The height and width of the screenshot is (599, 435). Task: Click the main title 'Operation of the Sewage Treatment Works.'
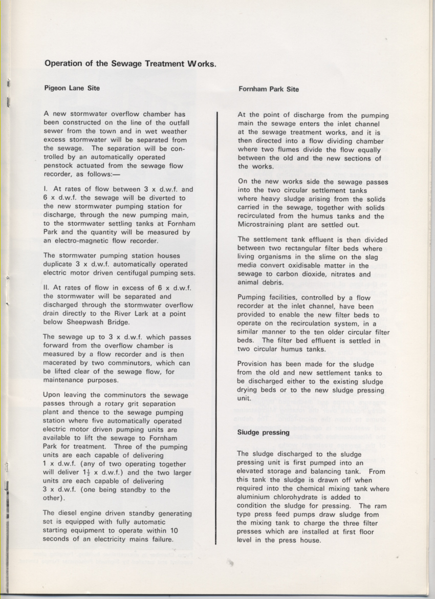(x=130, y=64)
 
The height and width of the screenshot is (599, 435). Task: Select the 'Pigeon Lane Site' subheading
(x=72, y=88)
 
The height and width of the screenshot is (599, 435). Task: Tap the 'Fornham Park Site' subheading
(x=269, y=89)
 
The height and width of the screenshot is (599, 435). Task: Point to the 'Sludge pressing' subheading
(x=264, y=432)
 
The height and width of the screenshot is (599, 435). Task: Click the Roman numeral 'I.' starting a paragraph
(x=46, y=189)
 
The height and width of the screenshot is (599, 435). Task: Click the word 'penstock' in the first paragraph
(x=60, y=166)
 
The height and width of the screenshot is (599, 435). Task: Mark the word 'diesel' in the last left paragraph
(x=70, y=514)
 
